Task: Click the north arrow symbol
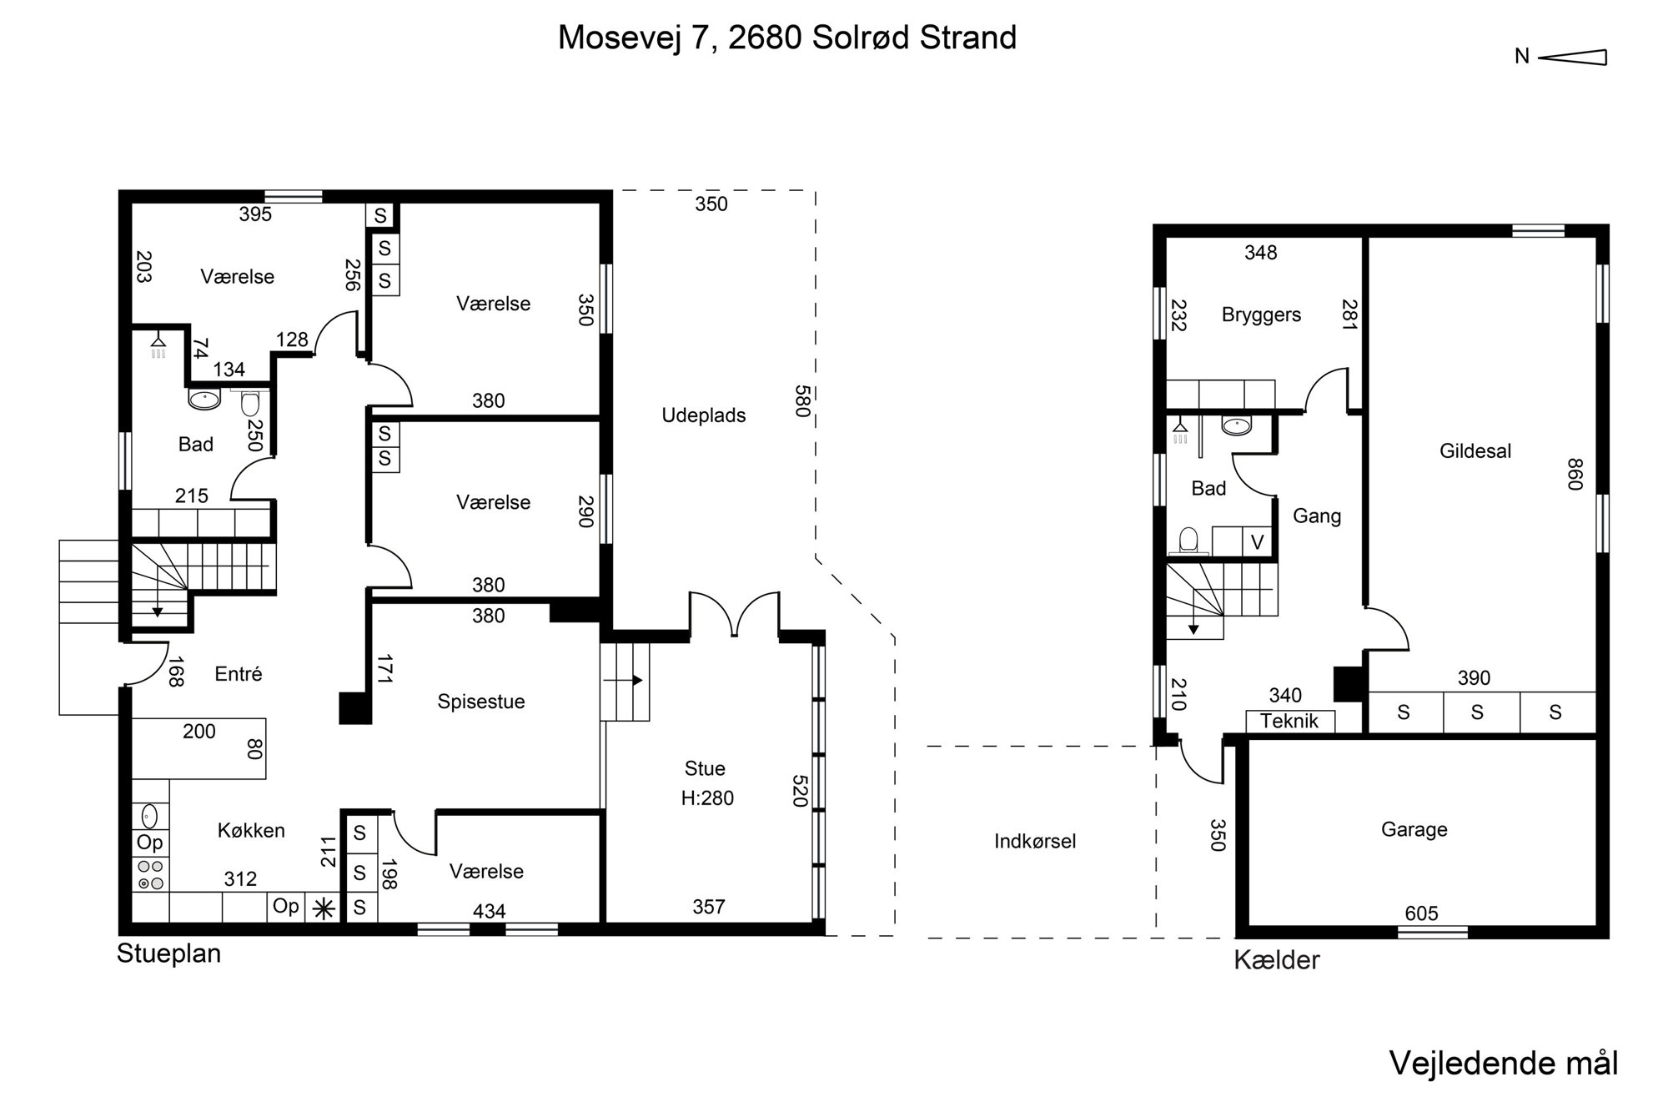point(1572,57)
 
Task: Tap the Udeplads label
point(704,415)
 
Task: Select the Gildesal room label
point(1475,451)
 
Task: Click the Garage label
point(1414,829)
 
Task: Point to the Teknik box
point(1290,721)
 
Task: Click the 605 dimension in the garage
point(1421,913)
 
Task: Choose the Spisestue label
point(481,702)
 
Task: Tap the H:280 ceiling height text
point(707,798)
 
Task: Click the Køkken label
point(251,830)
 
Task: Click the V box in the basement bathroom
point(1258,542)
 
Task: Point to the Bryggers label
point(1261,315)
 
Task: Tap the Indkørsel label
point(1035,841)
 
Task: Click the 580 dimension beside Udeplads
point(802,400)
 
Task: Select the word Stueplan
point(168,954)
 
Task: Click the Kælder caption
point(1277,960)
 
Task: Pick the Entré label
point(239,674)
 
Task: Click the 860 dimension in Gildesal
point(1574,475)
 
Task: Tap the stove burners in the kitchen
point(151,874)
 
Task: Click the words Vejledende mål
point(1504,1064)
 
